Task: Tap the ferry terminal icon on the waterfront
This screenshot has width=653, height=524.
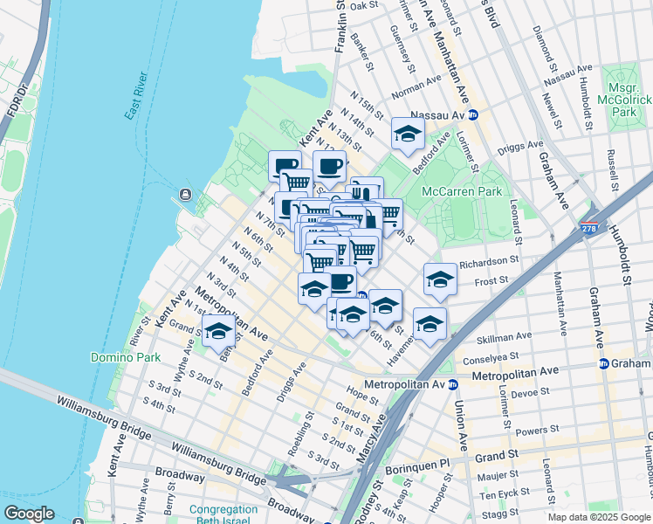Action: pyautogui.click(x=185, y=194)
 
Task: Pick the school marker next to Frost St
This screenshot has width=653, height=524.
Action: pyautogui.click(x=440, y=280)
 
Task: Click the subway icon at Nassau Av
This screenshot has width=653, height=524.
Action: pyautogui.click(x=473, y=114)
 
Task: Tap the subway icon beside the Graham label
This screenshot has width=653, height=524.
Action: pyautogui.click(x=603, y=363)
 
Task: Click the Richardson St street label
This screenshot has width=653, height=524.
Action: pyautogui.click(x=489, y=260)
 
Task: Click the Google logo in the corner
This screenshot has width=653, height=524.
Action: pyautogui.click(x=29, y=514)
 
